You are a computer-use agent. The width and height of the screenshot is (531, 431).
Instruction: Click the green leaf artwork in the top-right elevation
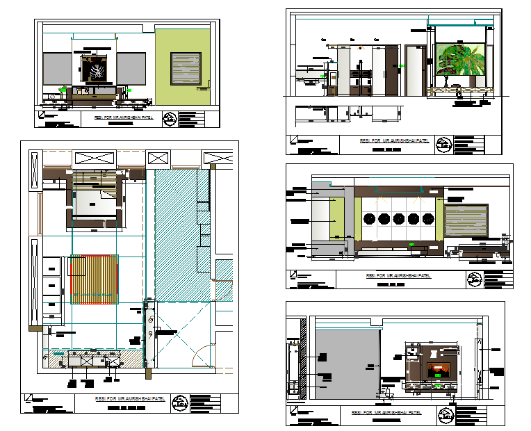pyautogui.click(x=459, y=63)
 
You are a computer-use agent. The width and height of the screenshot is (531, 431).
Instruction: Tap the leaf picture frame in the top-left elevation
pyautogui.click(x=95, y=70)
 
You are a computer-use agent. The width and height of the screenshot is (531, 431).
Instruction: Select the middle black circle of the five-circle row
pyautogui.click(x=398, y=218)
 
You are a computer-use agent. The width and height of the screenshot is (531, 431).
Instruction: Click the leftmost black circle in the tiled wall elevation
pyautogui.click(x=369, y=218)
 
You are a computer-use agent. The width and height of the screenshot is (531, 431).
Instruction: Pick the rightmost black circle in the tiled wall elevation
pyautogui.click(x=427, y=218)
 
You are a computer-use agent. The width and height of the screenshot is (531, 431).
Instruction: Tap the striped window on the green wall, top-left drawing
pyautogui.click(x=186, y=69)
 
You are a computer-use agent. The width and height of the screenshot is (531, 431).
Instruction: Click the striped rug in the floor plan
pyautogui.click(x=94, y=279)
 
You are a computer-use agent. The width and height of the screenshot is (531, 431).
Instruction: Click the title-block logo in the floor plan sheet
pyautogui.click(x=180, y=402)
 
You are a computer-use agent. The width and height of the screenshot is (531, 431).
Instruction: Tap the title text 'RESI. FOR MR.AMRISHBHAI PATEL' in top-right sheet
pyautogui.click(x=393, y=141)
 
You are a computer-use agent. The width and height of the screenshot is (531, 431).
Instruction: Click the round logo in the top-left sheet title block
pyautogui.click(x=170, y=119)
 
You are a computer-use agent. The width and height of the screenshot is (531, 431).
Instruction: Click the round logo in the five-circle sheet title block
pyautogui.click(x=474, y=280)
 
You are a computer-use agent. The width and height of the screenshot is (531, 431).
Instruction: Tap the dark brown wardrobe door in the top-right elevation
pyautogui.click(x=392, y=70)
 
